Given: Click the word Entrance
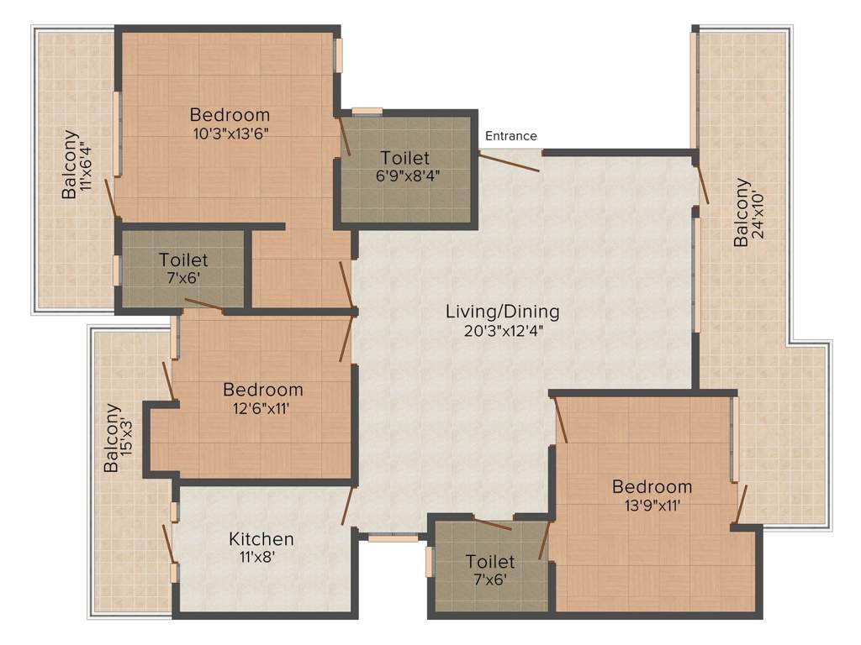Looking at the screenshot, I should coord(510,136).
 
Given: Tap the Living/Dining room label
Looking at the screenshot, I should coord(502,312).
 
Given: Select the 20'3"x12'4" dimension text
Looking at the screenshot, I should coord(502,330).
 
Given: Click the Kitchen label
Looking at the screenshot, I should coord(261,538).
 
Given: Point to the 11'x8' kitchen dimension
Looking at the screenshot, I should coord(261,556).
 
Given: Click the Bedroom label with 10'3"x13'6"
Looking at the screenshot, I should coord(230,114).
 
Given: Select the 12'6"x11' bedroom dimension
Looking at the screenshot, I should coord(263,408).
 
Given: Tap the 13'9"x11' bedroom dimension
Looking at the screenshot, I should coord(652,505).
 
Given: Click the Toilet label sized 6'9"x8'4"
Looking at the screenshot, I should coord(404,158).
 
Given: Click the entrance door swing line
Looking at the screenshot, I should coord(510,162).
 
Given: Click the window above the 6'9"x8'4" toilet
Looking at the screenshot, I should coord(367,111).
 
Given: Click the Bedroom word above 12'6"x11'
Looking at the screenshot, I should coord(263,390).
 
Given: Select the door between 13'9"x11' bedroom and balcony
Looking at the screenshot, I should coord(740,504).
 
